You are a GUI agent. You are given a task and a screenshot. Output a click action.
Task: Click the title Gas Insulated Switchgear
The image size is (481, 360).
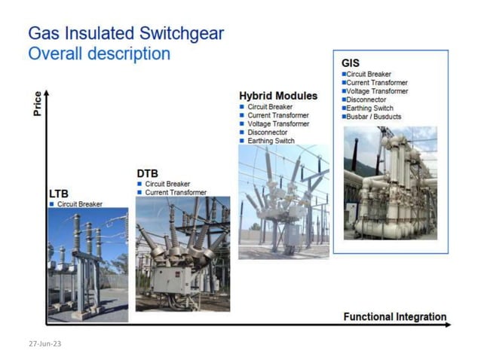coord(125,34)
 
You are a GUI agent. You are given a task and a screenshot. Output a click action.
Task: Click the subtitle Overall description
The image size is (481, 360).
coord(99,54)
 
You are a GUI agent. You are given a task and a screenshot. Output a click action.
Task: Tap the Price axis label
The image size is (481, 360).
coord(38,104)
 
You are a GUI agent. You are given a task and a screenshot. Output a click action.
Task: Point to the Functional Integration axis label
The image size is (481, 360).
coord(394,316)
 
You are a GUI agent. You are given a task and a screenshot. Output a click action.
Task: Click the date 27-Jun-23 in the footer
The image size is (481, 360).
coord(44,343)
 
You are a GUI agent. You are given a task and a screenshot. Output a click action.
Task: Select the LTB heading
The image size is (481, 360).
coord(58,194)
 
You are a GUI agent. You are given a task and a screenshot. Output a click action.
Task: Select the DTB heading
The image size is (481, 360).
coord(147,173)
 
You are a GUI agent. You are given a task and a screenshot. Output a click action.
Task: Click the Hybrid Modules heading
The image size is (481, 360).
coord(277,96)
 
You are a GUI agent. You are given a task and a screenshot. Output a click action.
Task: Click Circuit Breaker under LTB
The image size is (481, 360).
coord(80,204)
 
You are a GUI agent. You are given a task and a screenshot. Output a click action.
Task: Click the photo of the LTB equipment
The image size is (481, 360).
coord(87,264)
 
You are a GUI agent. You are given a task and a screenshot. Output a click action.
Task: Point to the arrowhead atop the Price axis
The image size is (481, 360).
coord(47,93)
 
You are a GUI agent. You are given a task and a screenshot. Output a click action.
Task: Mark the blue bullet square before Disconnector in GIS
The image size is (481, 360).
coord(344,99)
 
